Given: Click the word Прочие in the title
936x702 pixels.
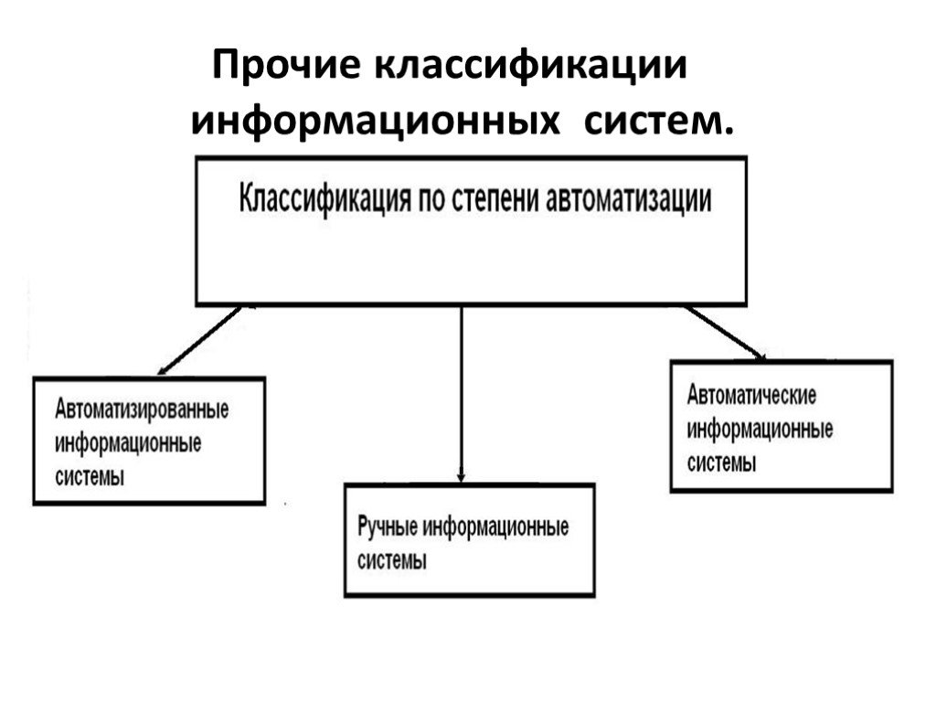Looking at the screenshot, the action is coord(286,66).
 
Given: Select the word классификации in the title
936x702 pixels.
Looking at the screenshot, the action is coord(531,66).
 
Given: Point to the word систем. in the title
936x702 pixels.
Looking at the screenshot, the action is coord(658,122).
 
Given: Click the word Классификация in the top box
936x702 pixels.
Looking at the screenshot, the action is coord(324,198).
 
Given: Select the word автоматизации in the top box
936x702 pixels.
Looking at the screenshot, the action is coord(629,199).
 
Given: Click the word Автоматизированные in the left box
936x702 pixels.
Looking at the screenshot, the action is coord(142,410).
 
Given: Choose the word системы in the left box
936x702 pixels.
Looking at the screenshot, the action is coord(90,477).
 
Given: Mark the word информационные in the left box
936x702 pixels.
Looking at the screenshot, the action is coord(128,443).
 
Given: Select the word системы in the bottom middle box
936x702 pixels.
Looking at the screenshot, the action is coord(391,561).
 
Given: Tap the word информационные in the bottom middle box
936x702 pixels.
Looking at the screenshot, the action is coord(495,527).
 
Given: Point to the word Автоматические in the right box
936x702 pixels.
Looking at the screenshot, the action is coord(751,395).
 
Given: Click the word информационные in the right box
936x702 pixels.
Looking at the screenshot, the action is coord(760,430).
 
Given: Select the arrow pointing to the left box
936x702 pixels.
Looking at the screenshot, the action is coord(199,341).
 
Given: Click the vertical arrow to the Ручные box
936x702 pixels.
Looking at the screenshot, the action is coord(461,394).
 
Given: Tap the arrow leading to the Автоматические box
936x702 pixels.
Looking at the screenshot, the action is coord(726,333).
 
